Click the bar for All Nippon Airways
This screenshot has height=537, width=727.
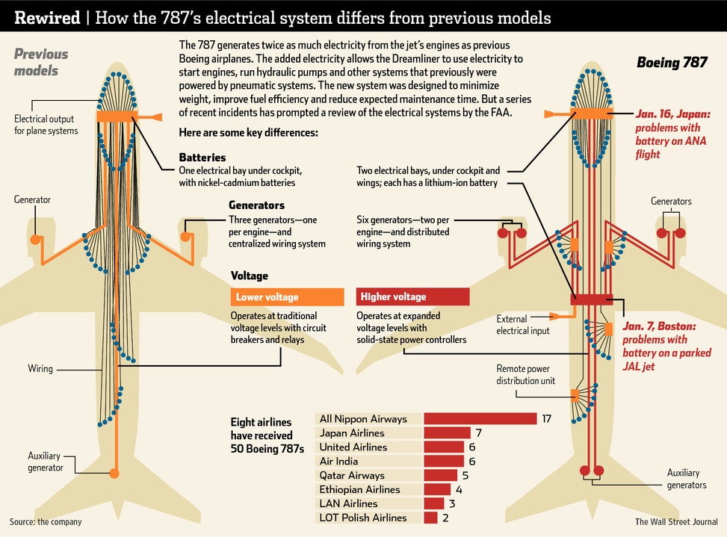(x=480, y=418)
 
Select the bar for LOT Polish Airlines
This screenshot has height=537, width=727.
(x=430, y=518)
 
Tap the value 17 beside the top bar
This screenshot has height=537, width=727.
(x=546, y=419)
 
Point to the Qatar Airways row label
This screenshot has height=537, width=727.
(x=351, y=475)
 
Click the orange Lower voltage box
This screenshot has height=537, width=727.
(x=287, y=297)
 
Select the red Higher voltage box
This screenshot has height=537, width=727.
(x=412, y=297)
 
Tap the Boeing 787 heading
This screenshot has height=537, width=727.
(x=671, y=63)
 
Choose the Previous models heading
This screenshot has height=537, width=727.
(x=40, y=62)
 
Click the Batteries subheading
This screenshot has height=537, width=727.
(x=202, y=158)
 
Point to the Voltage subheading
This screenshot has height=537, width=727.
(x=250, y=276)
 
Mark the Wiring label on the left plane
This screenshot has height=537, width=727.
(x=40, y=368)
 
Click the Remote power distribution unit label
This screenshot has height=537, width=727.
(x=526, y=374)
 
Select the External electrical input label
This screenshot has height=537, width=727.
(x=523, y=325)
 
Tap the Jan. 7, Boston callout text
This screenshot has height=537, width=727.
(x=660, y=347)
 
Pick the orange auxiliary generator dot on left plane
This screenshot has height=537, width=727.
(x=114, y=473)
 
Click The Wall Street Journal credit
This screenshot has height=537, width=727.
(x=675, y=522)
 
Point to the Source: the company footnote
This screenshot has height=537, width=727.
(x=46, y=522)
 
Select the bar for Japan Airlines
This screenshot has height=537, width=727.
(x=447, y=432)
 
